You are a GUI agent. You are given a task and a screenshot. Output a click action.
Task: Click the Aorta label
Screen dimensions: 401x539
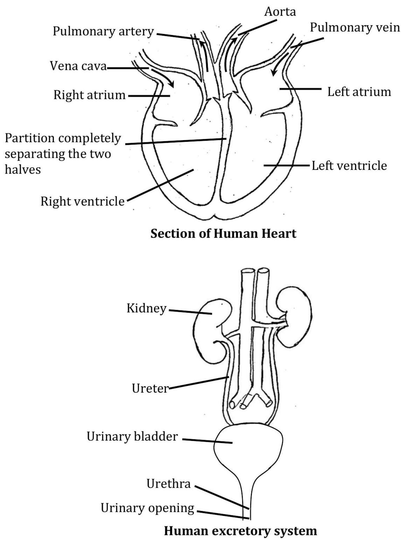click(280, 12)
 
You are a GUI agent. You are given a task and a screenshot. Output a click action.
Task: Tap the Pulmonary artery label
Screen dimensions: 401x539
click(103, 31)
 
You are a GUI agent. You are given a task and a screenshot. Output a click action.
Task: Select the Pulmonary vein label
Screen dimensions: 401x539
click(355, 27)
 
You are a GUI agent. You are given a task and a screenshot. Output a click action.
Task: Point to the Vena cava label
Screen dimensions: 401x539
click(78, 66)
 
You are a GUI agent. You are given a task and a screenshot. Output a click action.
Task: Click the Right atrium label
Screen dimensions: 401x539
click(89, 95)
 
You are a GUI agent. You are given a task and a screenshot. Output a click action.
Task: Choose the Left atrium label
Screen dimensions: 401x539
click(359, 92)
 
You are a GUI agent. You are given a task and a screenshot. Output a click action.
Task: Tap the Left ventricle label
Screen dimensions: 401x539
click(349, 166)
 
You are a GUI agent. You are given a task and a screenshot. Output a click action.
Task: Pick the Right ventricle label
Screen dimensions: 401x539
click(82, 202)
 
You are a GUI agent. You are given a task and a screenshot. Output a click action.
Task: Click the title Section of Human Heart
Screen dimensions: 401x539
click(223, 233)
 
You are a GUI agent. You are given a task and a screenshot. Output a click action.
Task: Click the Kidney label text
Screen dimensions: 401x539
click(146, 309)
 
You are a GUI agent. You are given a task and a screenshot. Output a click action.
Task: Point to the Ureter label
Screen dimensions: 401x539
click(150, 388)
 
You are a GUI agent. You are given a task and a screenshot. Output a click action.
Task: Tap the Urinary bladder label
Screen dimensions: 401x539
click(132, 436)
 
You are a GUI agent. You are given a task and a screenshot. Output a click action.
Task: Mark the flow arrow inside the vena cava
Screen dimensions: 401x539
click(163, 78)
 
